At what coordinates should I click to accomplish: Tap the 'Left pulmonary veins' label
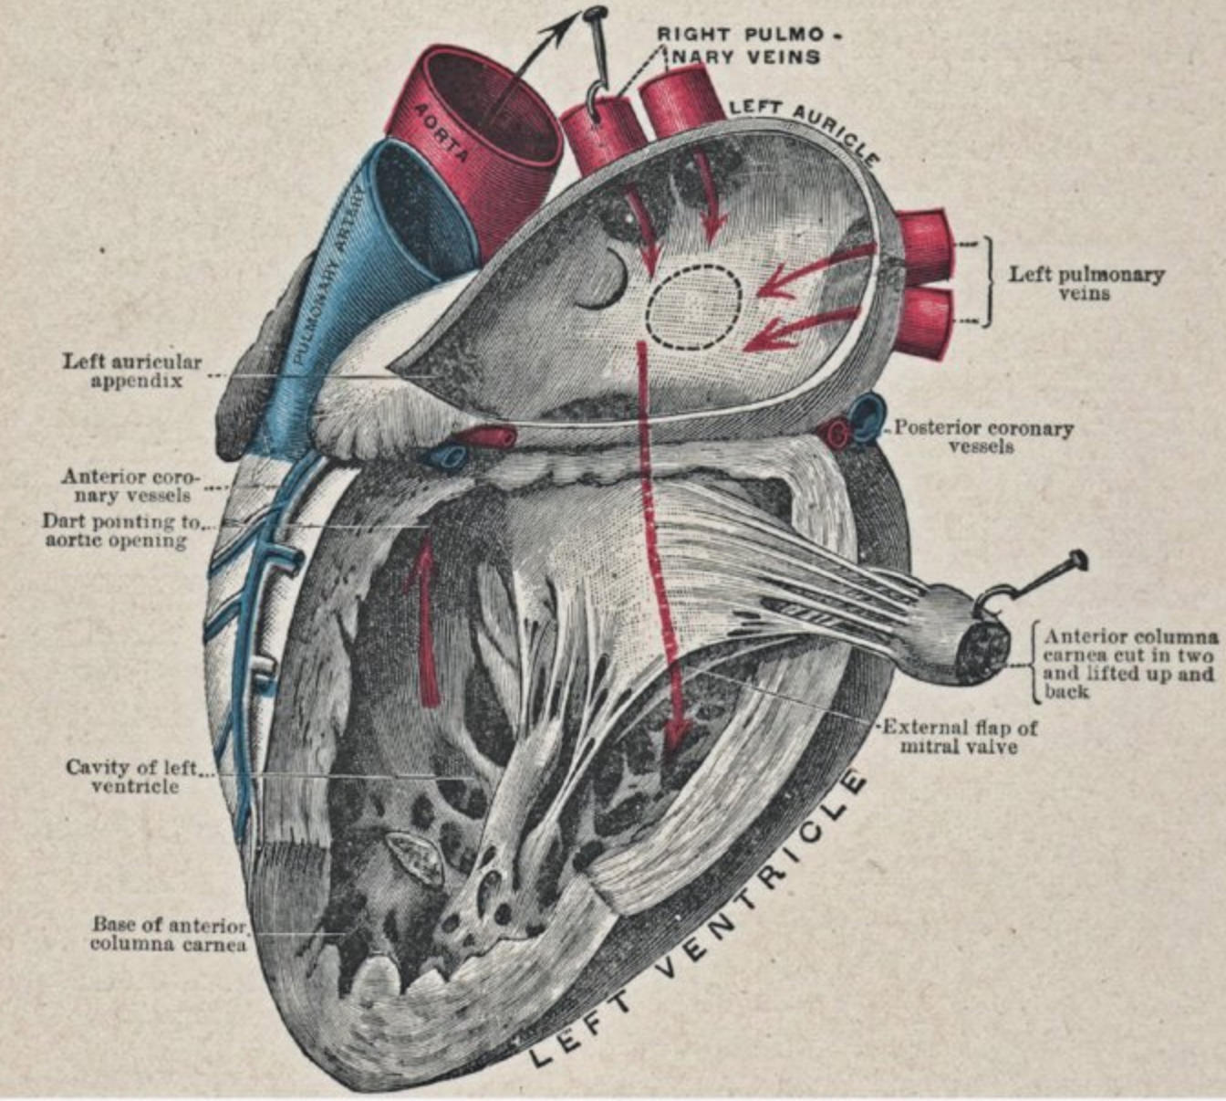1086,284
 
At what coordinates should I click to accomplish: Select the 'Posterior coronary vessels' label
982,436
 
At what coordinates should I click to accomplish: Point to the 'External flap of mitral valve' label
960,737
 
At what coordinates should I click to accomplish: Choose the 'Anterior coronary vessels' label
128,486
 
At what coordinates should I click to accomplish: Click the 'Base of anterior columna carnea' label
170,933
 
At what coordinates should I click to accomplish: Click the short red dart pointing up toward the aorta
425,621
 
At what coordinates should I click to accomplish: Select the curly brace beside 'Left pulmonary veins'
988,283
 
